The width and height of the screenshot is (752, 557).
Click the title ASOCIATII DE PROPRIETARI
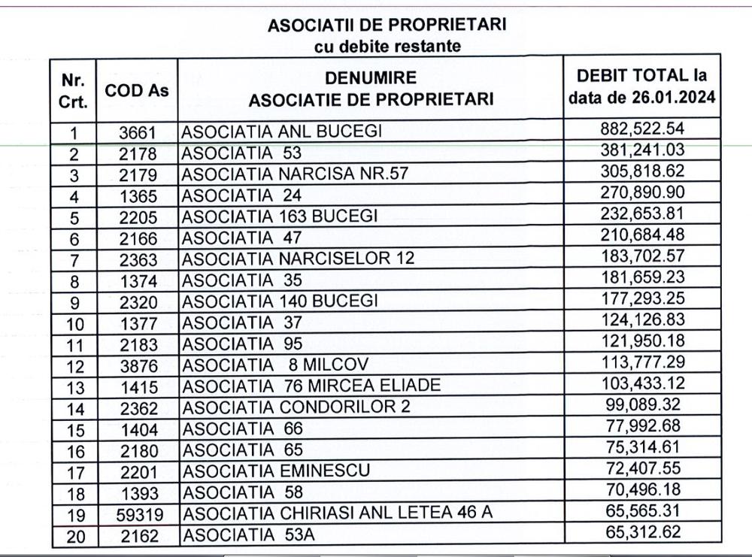387,25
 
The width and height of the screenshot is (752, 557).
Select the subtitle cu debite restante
387,46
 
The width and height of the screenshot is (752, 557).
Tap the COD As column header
137,90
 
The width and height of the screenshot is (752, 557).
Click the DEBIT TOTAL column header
641,86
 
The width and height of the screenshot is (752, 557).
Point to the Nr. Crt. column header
73,90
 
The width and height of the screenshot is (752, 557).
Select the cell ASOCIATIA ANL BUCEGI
282,132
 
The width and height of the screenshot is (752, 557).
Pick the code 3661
137,133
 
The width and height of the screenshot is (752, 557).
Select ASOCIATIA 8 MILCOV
276,365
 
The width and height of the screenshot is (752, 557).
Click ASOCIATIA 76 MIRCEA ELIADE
311,386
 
